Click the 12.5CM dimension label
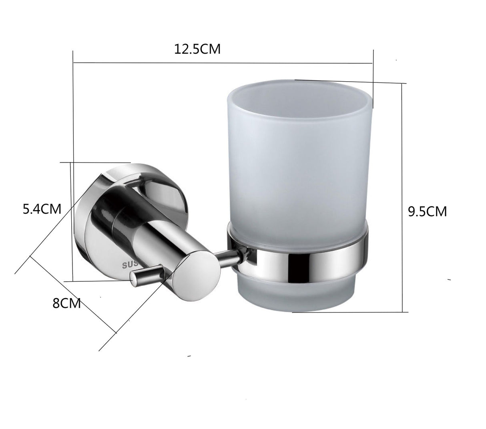click(x=197, y=49)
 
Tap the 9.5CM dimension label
click(x=427, y=211)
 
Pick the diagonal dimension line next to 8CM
click(x=72, y=295)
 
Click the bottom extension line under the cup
click(x=348, y=312)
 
